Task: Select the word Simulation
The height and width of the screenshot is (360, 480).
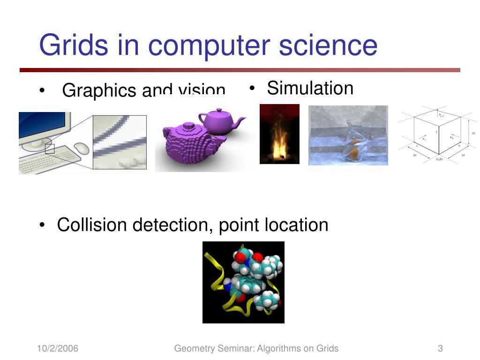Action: [310, 88]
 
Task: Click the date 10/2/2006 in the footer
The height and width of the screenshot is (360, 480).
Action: [58, 348]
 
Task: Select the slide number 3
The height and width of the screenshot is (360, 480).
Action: [440, 348]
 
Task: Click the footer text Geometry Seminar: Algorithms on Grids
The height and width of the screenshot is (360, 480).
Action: [256, 348]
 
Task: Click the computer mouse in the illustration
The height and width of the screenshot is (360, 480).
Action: [82, 148]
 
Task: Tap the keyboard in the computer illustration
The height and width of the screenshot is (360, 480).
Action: [46, 159]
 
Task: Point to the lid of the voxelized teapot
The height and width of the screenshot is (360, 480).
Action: [187, 126]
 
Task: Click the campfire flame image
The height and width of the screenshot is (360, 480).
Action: [279, 134]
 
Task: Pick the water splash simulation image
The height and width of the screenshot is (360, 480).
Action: [348, 135]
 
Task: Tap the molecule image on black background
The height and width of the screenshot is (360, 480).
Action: [243, 282]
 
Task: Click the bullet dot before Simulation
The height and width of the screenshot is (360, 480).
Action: [252, 88]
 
